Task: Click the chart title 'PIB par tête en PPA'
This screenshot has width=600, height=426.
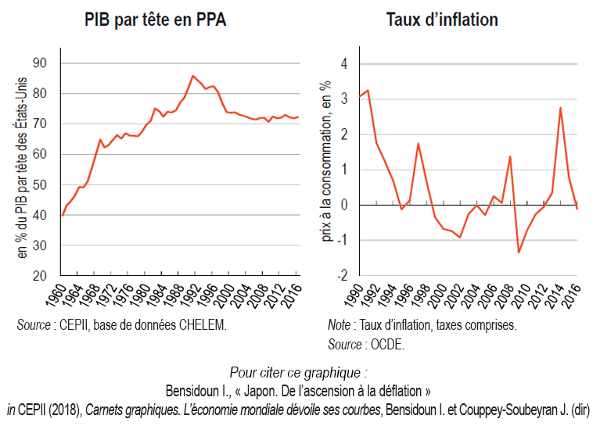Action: pos(155,20)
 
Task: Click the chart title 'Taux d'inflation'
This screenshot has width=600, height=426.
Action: pos(442,20)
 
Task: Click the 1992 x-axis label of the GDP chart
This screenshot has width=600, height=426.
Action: pos(192,296)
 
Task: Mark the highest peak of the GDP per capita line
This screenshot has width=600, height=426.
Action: pos(192,76)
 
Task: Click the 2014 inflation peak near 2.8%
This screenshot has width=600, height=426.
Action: pos(561,107)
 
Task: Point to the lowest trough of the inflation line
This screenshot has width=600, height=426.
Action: pos(519,252)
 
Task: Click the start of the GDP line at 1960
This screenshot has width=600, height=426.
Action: pos(63,214)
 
